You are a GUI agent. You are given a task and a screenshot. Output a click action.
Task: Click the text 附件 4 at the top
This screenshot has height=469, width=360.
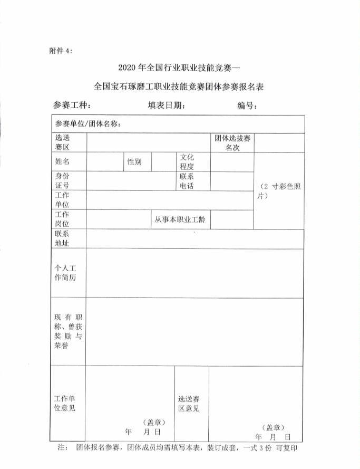(61, 51)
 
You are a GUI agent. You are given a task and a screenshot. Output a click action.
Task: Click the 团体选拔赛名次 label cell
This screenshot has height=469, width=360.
(233, 142)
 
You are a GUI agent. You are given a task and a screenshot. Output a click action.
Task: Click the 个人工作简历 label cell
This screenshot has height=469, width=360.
(65, 273)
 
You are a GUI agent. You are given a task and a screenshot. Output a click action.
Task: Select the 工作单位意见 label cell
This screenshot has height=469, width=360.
(65, 403)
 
